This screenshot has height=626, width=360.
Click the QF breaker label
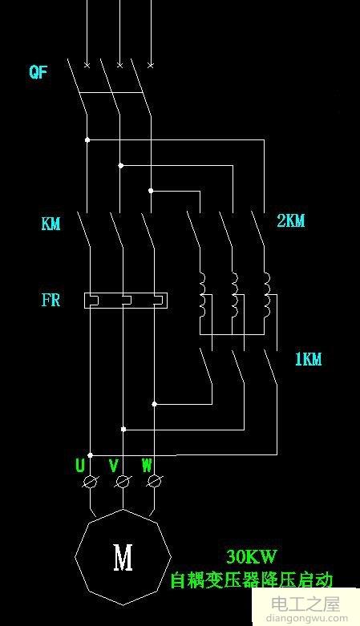click(x=38, y=73)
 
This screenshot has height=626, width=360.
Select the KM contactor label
click(x=51, y=224)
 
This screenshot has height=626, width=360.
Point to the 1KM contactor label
click(x=307, y=360)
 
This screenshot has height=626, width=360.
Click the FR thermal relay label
click(x=51, y=301)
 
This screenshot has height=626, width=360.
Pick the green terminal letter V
click(x=114, y=465)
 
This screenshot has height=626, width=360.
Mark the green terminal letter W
click(x=146, y=465)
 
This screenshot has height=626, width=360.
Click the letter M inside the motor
click(x=123, y=558)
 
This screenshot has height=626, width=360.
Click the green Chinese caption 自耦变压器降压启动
click(x=251, y=580)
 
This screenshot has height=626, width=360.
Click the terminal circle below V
click(x=123, y=481)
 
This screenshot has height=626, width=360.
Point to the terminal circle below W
click(x=155, y=481)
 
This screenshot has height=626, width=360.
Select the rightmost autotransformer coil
click(x=268, y=294)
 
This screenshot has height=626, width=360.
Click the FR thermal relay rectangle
click(x=127, y=301)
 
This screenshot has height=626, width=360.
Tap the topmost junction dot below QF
click(x=87, y=140)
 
